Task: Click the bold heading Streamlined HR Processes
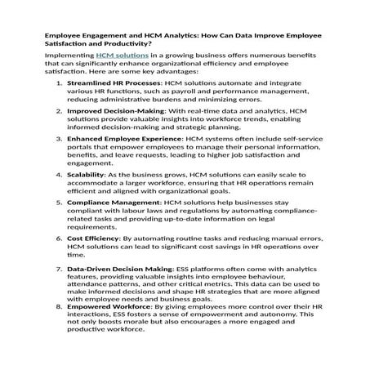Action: click(x=113, y=82)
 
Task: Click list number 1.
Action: click(x=58, y=82)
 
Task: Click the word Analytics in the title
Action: click(x=194, y=37)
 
